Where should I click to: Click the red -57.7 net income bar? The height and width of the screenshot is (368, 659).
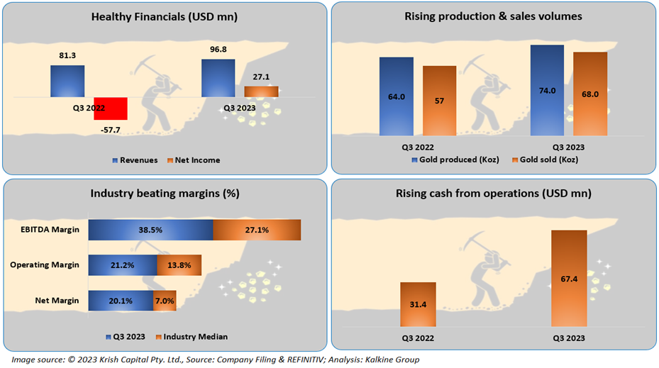point(110,108)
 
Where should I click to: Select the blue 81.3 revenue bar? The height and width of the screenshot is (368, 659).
point(67,81)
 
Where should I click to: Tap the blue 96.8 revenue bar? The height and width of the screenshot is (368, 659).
point(218,77)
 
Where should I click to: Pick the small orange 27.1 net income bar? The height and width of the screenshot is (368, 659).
point(261,91)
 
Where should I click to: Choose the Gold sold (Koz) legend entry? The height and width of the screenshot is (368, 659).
point(546,160)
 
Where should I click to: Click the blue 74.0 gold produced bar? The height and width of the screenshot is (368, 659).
point(547,90)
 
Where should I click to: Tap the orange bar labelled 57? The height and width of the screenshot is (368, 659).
point(440,100)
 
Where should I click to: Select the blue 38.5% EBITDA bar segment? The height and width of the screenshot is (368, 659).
point(150,230)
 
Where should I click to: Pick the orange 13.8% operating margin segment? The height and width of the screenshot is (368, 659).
point(179,265)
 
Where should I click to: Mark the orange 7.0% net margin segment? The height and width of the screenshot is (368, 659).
point(164,300)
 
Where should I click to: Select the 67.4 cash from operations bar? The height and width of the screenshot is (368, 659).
point(568,279)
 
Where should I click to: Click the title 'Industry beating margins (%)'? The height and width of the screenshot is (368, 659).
point(165,194)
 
